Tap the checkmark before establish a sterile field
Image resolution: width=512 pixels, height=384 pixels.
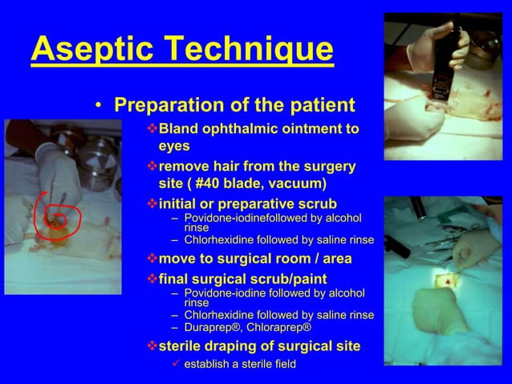[x=175, y=364]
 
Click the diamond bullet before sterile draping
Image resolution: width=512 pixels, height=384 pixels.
[x=152, y=346]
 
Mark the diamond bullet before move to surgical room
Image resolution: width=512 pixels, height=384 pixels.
[x=152, y=259]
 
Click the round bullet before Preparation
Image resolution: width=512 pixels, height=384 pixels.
[x=97, y=106]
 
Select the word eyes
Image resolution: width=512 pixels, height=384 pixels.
[x=174, y=147]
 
